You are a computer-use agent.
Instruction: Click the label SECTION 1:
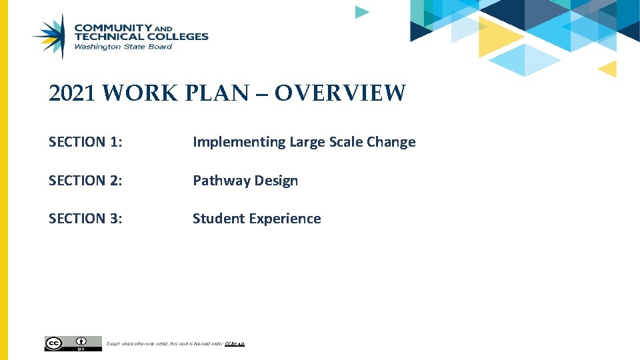pos(86,142)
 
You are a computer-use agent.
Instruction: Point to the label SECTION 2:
pos(86,181)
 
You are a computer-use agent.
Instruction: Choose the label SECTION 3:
pos(86,219)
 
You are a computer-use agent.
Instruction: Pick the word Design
pos(275,181)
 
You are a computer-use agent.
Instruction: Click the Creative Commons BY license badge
pos(73,343)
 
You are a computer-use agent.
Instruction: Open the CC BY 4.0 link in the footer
pos(235,344)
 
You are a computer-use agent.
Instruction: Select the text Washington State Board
pos(123,47)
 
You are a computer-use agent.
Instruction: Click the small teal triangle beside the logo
pos(361,12)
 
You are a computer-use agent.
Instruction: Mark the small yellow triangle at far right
pos(608,68)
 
